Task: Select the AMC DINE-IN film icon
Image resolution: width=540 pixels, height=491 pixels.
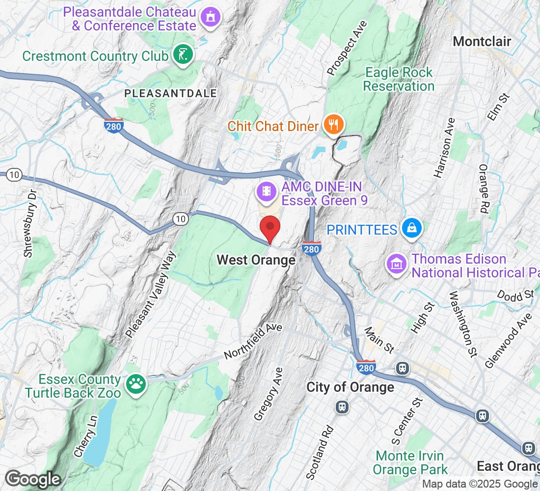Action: [x=267, y=191]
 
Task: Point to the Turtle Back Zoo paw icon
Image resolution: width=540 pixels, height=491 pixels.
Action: [x=135, y=383]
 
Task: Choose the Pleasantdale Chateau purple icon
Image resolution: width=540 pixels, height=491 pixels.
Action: [x=211, y=18]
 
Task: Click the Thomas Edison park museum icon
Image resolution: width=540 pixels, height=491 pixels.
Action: [x=396, y=263]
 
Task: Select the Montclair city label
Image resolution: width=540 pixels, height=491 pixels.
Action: [x=482, y=41]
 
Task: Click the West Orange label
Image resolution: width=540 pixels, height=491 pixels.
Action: [x=256, y=260]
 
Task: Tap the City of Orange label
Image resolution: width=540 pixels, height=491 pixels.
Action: [x=350, y=387]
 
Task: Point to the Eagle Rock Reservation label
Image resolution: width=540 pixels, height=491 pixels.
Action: [x=399, y=80]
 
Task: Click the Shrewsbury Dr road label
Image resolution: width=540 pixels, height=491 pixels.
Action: [x=31, y=223]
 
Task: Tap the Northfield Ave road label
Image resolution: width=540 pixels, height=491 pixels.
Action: [x=253, y=341]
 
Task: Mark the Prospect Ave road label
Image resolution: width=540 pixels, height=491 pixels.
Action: [x=347, y=49]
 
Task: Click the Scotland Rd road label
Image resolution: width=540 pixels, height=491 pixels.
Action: [x=319, y=452]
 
